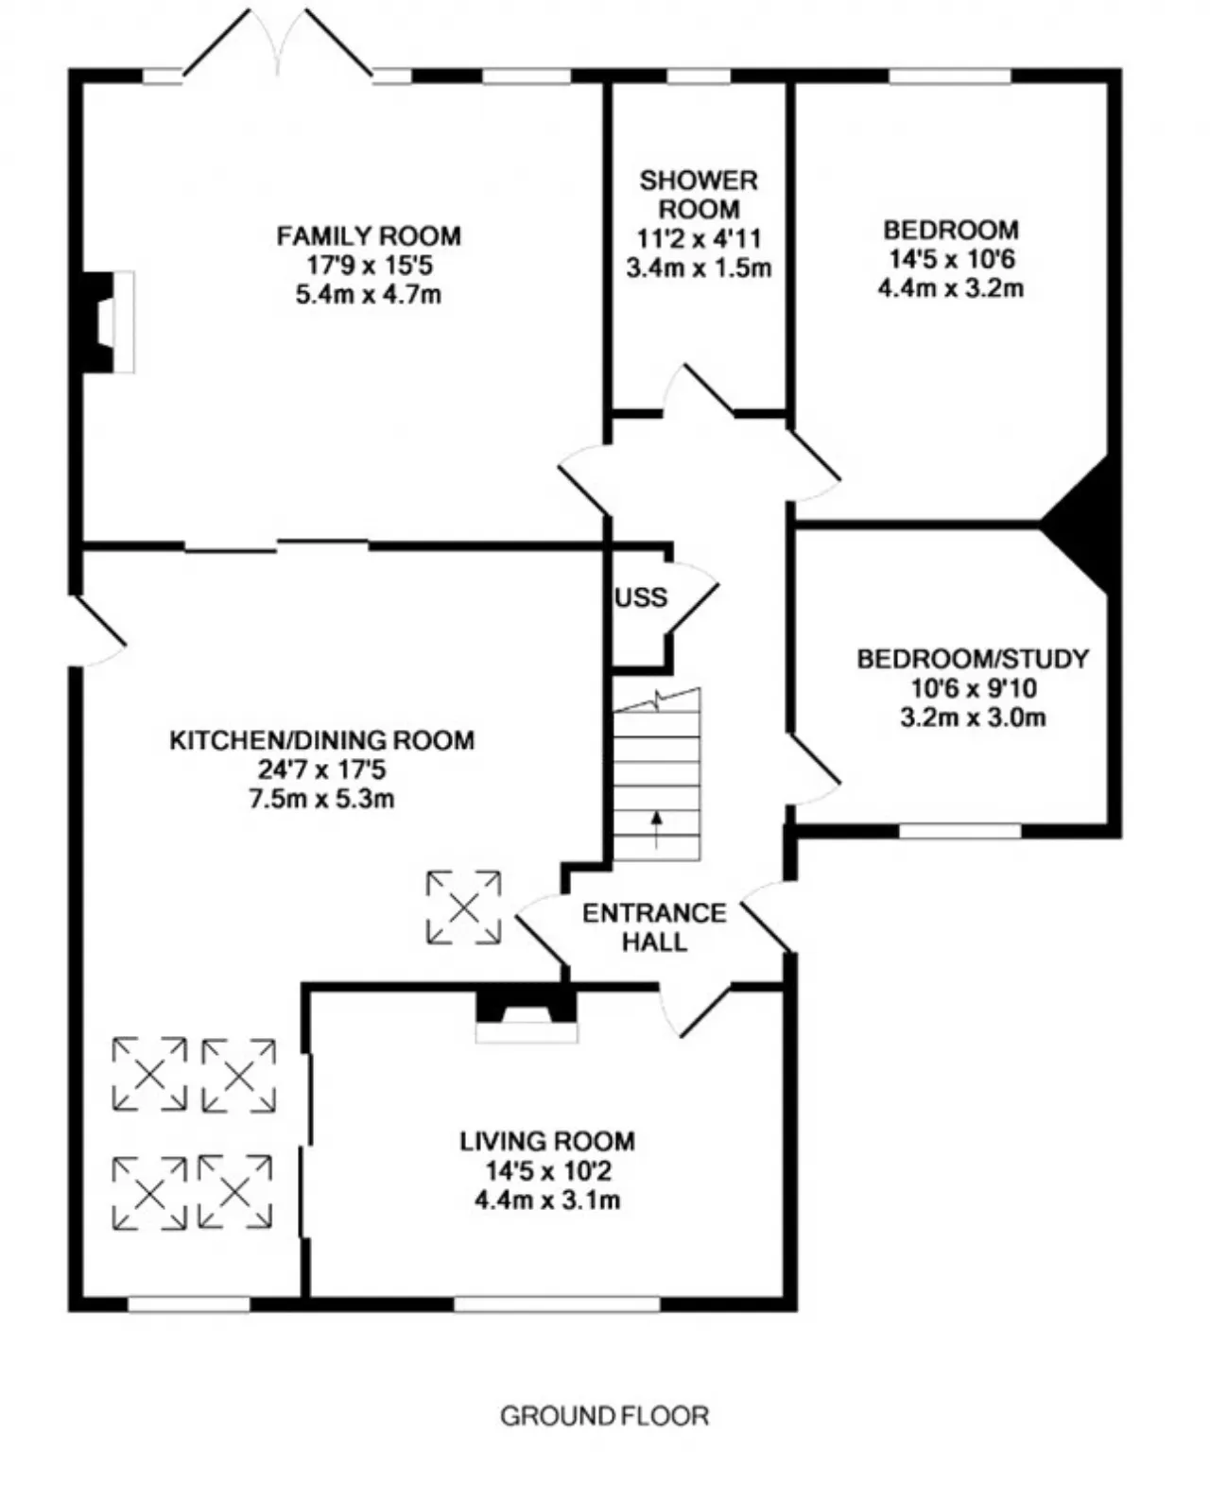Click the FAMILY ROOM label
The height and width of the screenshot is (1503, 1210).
(x=369, y=236)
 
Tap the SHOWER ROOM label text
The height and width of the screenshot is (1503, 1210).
(x=699, y=195)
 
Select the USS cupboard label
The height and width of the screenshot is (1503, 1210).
(x=641, y=597)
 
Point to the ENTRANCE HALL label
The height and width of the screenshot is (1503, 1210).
(x=654, y=927)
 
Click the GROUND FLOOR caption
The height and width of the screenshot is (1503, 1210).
(x=604, y=1416)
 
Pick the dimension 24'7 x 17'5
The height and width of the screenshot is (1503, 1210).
(x=322, y=769)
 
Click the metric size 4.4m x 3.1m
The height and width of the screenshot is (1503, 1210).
(x=547, y=1201)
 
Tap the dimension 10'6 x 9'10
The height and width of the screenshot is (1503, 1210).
(x=974, y=689)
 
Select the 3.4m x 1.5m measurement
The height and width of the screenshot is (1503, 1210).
(x=699, y=268)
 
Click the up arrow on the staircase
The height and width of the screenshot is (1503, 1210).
(x=657, y=829)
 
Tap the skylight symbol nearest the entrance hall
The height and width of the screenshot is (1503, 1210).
(x=464, y=907)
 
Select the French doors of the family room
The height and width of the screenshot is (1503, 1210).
(x=278, y=42)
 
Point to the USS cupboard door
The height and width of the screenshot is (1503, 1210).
(x=692, y=597)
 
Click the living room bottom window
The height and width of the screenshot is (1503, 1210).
(x=557, y=1304)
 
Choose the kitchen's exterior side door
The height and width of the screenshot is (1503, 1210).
(x=97, y=630)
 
